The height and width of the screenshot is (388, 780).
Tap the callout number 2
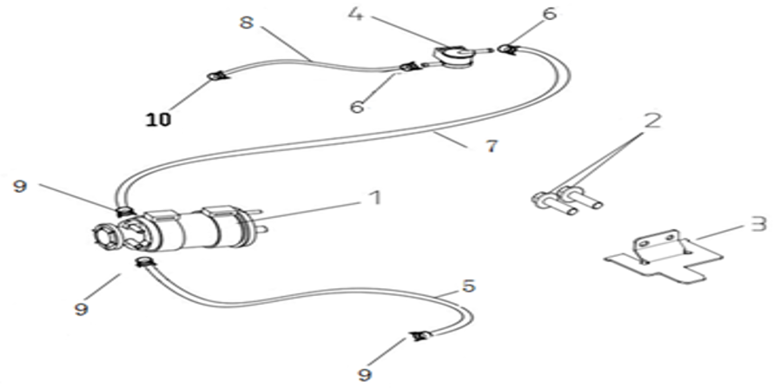[x=652, y=122]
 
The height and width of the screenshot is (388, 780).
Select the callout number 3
[x=758, y=224]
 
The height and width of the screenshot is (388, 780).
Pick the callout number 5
[x=468, y=286]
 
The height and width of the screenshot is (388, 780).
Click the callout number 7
[x=492, y=147]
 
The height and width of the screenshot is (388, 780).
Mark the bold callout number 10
[x=158, y=119]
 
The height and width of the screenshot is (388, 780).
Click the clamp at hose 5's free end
[x=420, y=337]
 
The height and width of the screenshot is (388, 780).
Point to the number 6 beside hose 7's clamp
[x=549, y=14]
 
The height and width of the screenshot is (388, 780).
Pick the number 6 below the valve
[x=357, y=106]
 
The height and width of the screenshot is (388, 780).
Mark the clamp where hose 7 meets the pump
[x=122, y=213]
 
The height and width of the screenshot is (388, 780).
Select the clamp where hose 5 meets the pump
[x=142, y=261]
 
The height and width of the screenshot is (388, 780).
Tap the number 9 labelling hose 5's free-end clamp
[x=365, y=373]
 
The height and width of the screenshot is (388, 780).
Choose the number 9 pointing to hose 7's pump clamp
[x=20, y=187]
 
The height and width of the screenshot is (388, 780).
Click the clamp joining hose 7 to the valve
[x=507, y=49]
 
